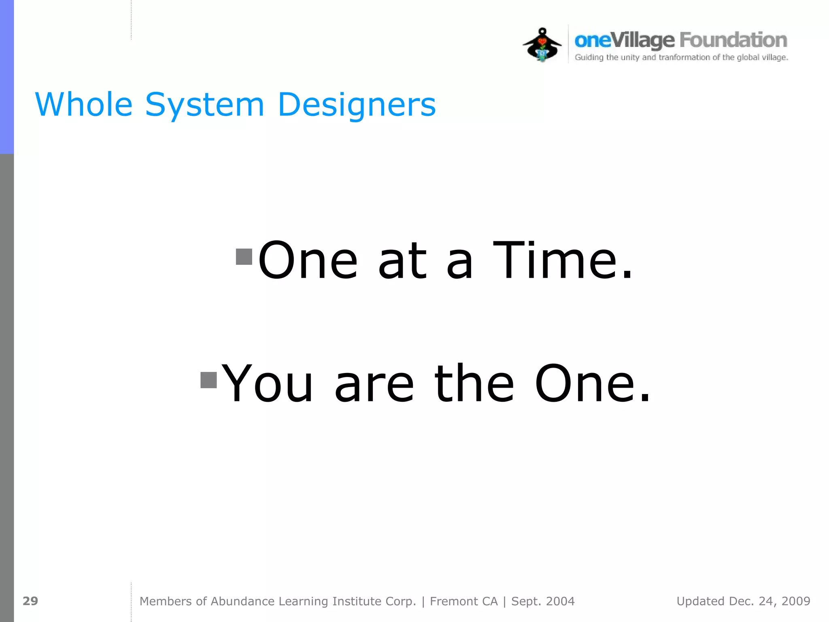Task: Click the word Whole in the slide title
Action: (x=84, y=104)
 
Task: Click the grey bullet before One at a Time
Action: (x=244, y=256)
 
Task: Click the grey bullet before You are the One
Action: (x=209, y=380)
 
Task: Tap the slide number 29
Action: (x=30, y=601)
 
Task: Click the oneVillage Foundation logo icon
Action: (x=542, y=45)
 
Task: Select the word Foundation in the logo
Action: (x=733, y=40)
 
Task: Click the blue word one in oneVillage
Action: (x=592, y=40)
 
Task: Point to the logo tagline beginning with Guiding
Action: (x=681, y=58)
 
